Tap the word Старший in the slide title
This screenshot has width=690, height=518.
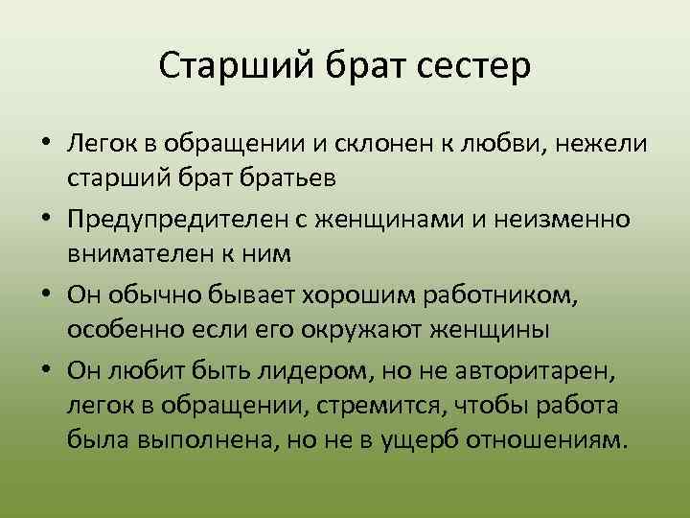(x=220, y=68)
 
